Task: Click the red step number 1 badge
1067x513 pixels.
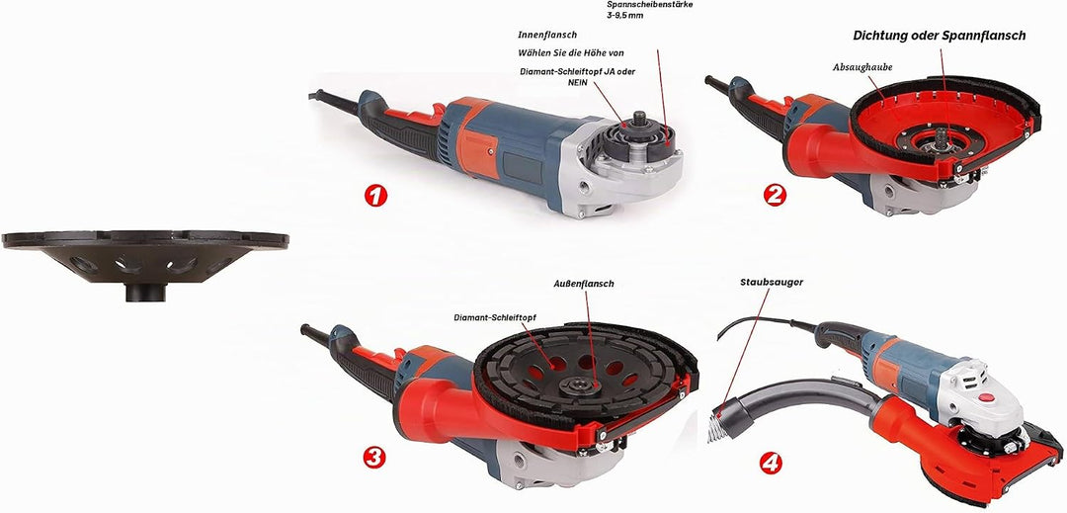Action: click(375, 196)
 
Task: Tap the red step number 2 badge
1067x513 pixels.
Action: click(776, 196)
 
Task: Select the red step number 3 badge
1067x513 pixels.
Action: click(374, 457)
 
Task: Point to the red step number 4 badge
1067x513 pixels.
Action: click(771, 464)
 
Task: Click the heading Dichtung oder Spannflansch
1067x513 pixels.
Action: click(940, 36)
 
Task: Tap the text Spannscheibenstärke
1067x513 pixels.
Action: click(650, 3)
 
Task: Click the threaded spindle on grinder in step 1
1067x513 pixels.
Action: click(641, 120)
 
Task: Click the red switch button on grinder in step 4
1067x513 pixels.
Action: click(985, 396)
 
